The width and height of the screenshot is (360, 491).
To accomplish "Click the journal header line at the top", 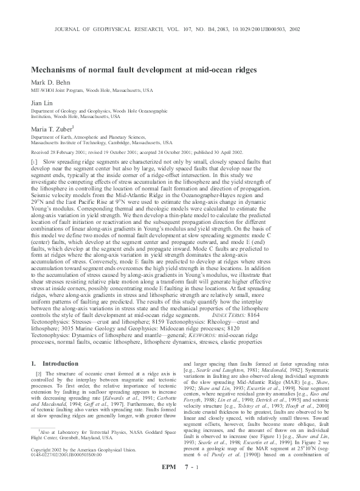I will [x=179, y=29].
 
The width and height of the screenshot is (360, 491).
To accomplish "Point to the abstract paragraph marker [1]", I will [x=34, y=163].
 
